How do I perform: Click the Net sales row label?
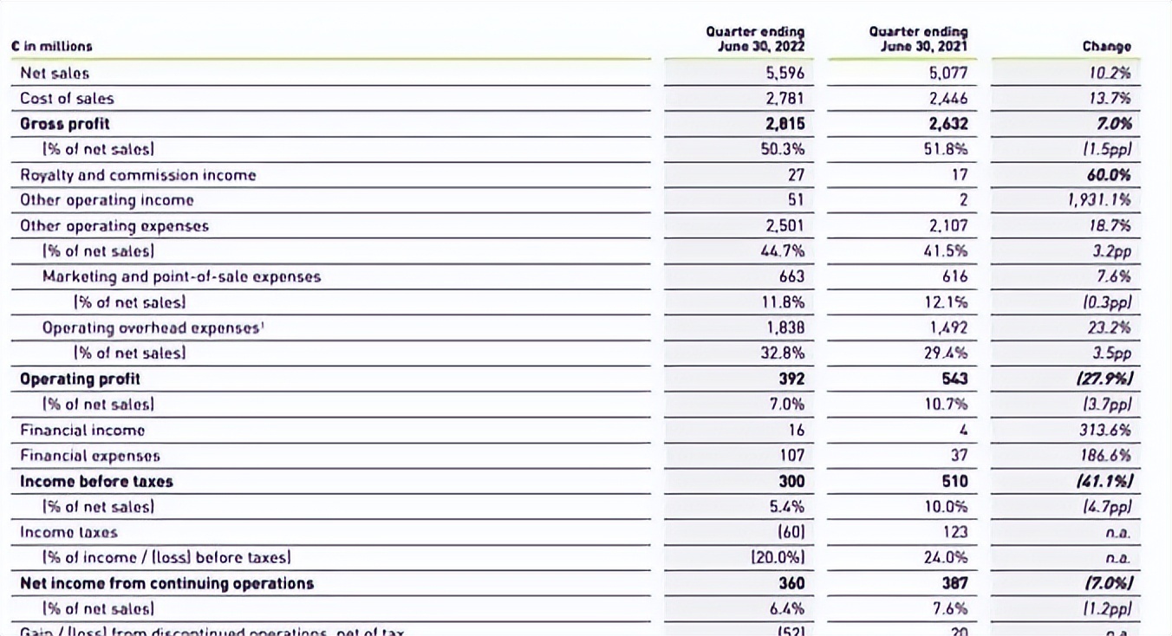pyautogui.click(x=55, y=74)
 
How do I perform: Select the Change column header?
pyautogui.click(x=1106, y=47)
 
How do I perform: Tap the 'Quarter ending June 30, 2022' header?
pyautogui.click(x=755, y=39)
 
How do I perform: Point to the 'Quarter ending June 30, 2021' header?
pyautogui.click(x=918, y=39)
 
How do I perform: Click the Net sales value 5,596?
pyautogui.click(x=785, y=74)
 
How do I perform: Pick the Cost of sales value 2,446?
pyautogui.click(x=948, y=99)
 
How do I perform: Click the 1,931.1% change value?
pyautogui.click(x=1099, y=200)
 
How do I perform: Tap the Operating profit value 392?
pyautogui.click(x=791, y=379)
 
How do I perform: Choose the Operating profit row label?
pyautogui.click(x=80, y=379)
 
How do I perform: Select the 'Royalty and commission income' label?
pyautogui.click(x=138, y=175)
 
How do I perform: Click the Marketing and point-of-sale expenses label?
pyautogui.click(x=181, y=277)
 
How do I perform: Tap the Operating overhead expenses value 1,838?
pyautogui.click(x=785, y=328)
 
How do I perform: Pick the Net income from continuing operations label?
pyautogui.click(x=166, y=583)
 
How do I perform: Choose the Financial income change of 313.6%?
pyautogui.click(x=1109, y=430)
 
